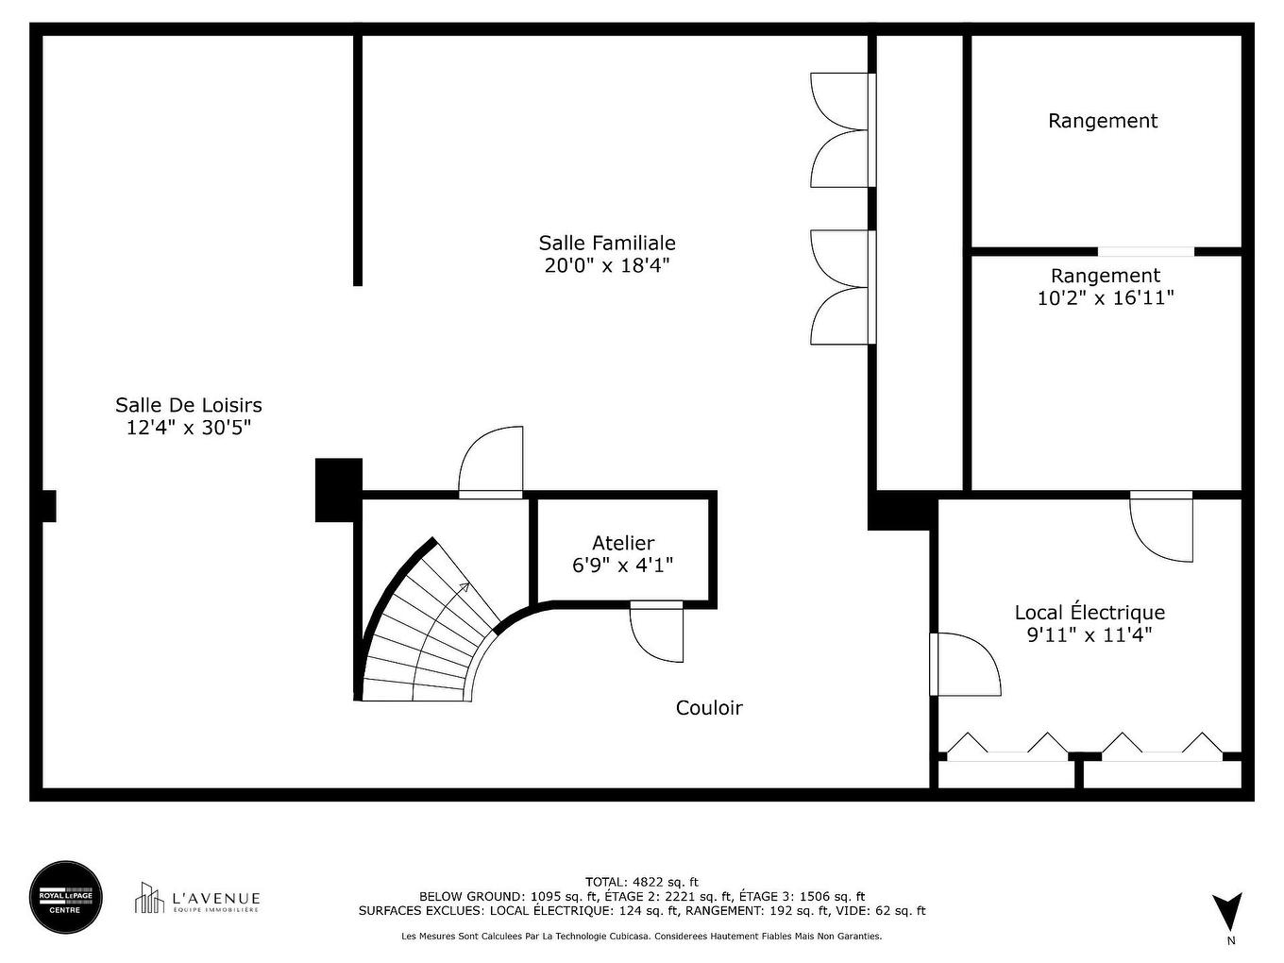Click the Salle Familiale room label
tap(607, 244)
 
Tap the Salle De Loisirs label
tap(189, 405)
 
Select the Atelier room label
tap(623, 543)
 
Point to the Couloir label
tap(709, 708)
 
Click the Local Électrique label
tap(1090, 613)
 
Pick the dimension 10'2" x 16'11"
tap(1105, 298)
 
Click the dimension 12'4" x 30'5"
tap(189, 428)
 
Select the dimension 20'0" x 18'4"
tap(607, 266)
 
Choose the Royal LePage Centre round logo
tap(66, 897)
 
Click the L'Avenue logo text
tap(215, 899)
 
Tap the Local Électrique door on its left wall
tap(965, 665)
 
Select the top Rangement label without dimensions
tap(1103, 121)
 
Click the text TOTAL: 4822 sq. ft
tap(642, 882)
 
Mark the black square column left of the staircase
tap(338, 490)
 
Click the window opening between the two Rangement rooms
tap(1145, 252)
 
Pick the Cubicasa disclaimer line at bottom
tap(642, 937)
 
